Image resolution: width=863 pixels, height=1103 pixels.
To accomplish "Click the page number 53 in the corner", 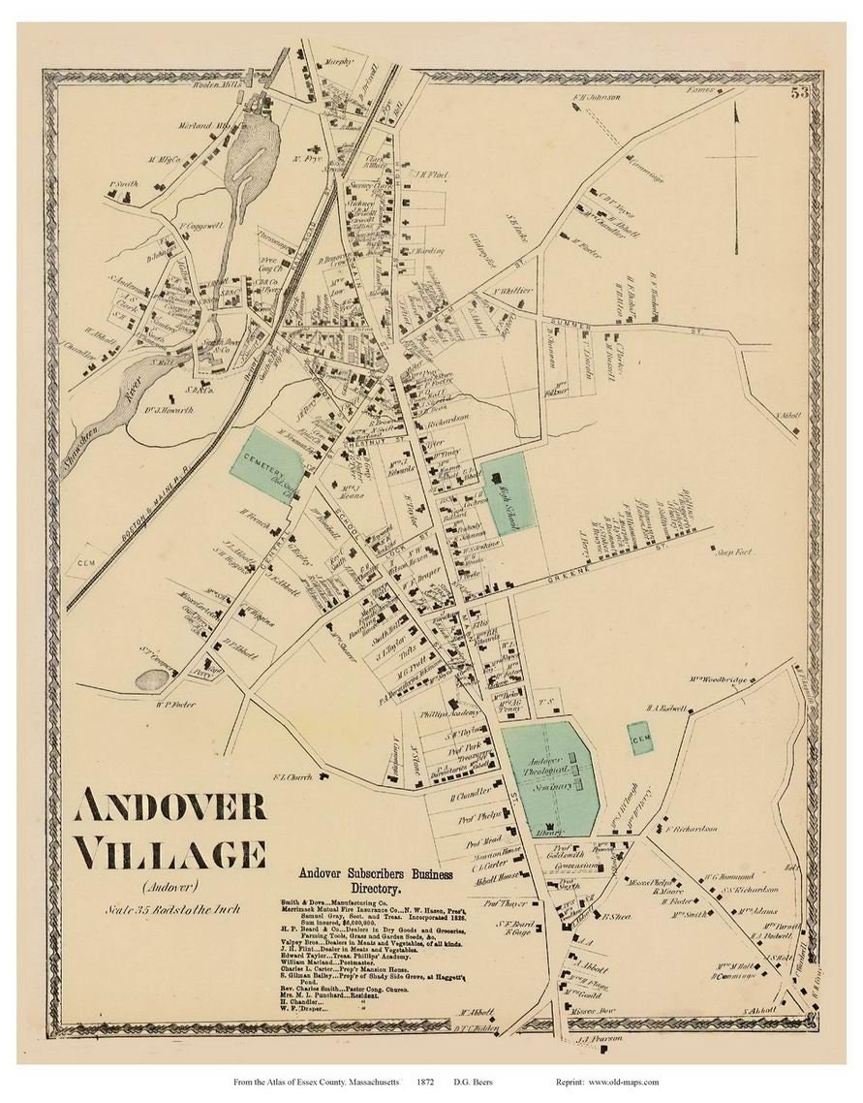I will click(799, 93).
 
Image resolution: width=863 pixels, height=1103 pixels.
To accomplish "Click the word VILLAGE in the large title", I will click(170, 853).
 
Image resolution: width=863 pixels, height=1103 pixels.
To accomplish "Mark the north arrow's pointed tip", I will click(735, 105).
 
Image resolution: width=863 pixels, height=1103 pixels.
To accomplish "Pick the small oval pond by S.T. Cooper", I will click(151, 680).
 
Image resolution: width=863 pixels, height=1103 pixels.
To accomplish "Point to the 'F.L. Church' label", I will click(291, 775).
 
